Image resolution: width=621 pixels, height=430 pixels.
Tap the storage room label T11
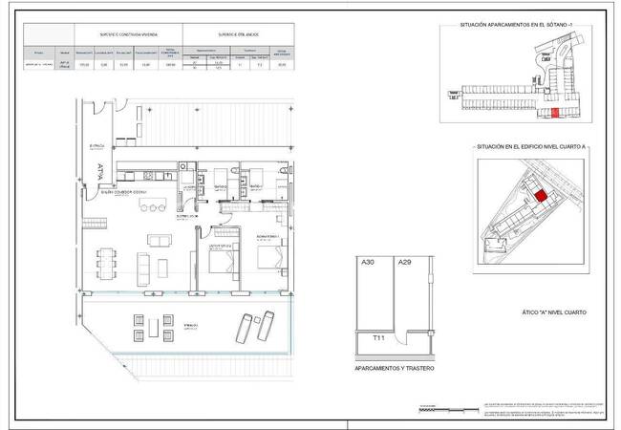coord(366,337)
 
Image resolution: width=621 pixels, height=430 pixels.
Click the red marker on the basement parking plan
coord(555,112)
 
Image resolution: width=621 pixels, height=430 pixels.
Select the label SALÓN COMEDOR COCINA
coord(124,192)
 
